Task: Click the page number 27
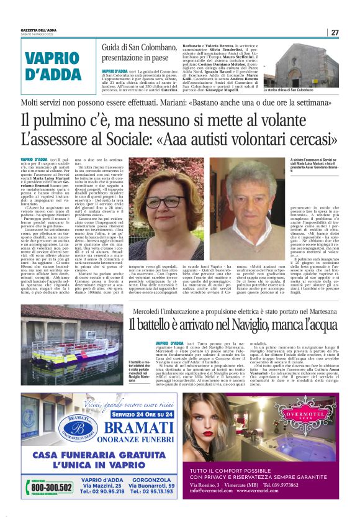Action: pyautogui.click(x=335, y=32)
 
